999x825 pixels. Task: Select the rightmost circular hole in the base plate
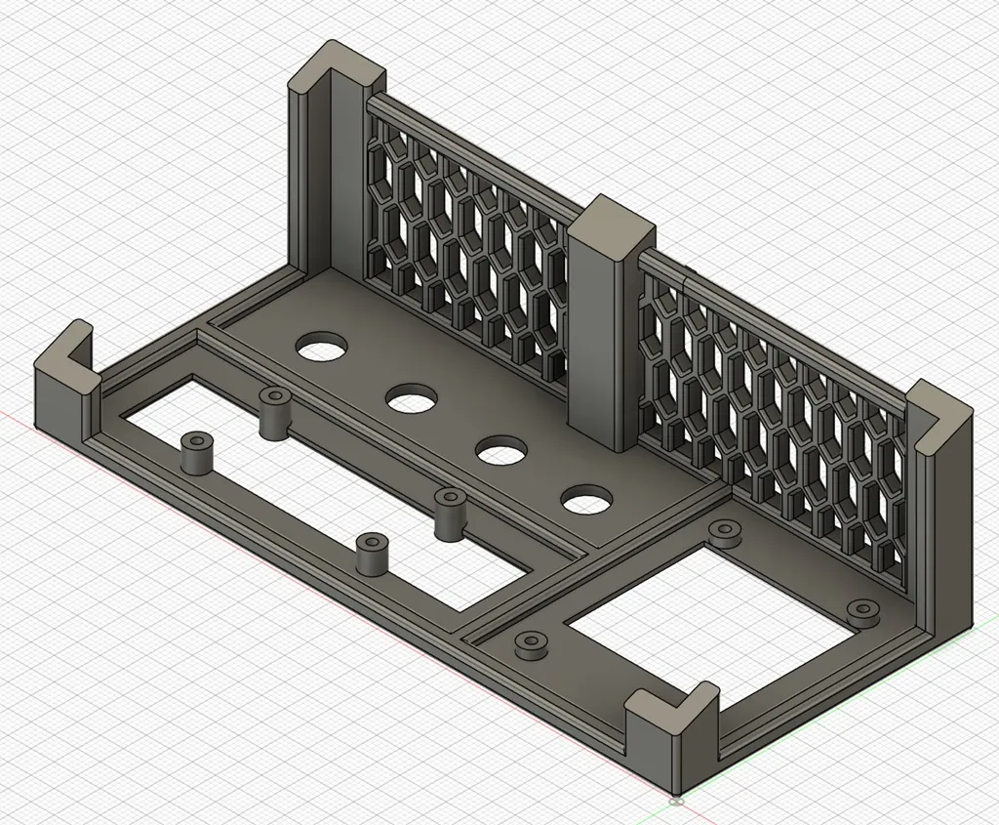click(584, 502)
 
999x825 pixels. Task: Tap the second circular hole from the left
click(411, 398)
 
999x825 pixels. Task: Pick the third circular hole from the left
click(501, 452)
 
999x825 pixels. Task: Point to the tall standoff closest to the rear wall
click(274, 412)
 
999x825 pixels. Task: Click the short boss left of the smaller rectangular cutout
click(530, 644)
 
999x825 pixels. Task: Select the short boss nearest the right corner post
click(862, 612)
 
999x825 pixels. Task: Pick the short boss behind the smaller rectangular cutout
click(724, 533)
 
